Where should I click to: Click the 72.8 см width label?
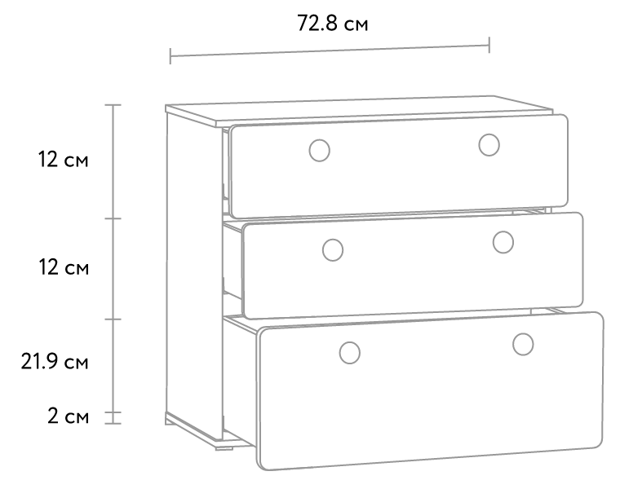click(333, 24)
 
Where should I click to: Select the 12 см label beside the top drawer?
click(64, 160)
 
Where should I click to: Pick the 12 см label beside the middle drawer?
click(64, 267)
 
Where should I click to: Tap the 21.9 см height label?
click(55, 361)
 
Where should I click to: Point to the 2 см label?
click(68, 416)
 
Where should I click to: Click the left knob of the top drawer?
click(320, 150)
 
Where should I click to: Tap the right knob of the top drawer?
click(489, 145)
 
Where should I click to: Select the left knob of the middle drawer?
click(333, 250)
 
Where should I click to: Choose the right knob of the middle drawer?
click(503, 242)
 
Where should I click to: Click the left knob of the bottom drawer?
click(350, 353)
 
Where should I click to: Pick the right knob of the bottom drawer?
click(523, 344)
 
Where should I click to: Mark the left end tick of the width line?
click(170, 56)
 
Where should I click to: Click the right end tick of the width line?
click(489, 45)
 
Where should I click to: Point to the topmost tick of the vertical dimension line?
click(113, 105)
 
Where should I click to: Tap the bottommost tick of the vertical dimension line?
click(113, 424)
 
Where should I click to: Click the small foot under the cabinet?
click(224, 448)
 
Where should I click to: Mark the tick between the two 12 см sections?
click(113, 218)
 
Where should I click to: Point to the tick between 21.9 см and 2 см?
click(113, 412)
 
